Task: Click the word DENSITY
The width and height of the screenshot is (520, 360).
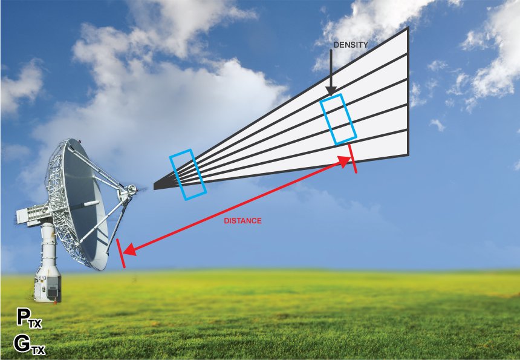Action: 351,45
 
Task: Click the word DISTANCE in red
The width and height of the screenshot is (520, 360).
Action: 242,221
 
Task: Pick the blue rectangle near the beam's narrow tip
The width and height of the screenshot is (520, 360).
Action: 187,174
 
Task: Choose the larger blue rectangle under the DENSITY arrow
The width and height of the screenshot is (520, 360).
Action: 338,119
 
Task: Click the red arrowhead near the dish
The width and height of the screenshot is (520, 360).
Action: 128,249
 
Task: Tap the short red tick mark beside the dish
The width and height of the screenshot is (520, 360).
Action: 120,252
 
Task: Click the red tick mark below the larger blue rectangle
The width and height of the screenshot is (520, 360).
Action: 353,158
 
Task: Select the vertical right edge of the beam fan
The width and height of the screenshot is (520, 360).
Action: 408,91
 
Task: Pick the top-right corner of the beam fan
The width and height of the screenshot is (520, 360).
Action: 408,28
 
